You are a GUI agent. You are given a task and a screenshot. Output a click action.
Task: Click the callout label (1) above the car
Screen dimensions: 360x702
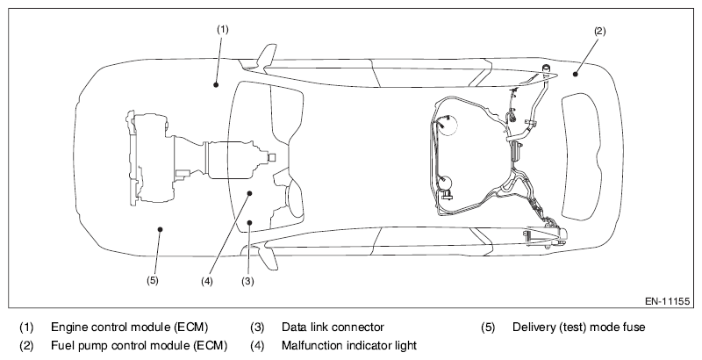tap(223, 29)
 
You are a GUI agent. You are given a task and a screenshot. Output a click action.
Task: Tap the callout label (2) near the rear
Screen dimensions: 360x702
tap(599, 31)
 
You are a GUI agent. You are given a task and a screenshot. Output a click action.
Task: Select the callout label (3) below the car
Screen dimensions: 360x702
tap(248, 281)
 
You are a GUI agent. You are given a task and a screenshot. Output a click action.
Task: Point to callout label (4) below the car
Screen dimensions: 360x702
tap(207, 281)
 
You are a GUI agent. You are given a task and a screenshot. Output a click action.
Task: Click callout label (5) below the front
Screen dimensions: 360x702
tap(152, 281)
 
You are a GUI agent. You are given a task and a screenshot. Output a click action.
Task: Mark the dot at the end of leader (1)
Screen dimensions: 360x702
tap(215, 83)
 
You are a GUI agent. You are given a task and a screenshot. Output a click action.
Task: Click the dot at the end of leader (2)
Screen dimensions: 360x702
tap(576, 74)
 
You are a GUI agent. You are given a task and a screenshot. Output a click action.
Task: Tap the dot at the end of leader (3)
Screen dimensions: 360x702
tap(250, 222)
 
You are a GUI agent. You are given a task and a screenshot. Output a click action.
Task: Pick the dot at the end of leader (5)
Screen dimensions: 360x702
tap(159, 230)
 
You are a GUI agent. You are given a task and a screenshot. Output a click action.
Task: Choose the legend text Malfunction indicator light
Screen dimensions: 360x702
tap(349, 345)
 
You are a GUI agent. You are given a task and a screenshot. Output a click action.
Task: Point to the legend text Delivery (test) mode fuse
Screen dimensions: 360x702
tap(579, 328)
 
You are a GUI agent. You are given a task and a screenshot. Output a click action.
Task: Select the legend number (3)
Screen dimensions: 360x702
tap(258, 328)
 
